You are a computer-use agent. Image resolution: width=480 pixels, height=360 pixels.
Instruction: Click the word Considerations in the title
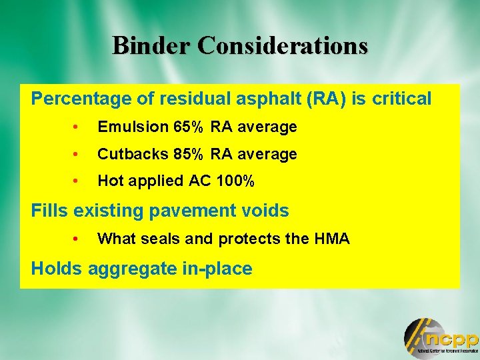coord(283,46)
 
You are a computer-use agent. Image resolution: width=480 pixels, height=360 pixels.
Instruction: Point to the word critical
coord(401,99)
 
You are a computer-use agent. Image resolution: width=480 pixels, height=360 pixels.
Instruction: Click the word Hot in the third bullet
coord(109,181)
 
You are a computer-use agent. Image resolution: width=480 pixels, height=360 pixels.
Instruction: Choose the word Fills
coord(50,211)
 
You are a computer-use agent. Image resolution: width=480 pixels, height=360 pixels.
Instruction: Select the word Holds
coord(53,269)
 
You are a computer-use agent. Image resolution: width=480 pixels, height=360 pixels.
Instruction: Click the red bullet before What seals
coord(77,239)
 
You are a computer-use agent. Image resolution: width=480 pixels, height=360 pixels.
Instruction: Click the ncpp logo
coord(441,337)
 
